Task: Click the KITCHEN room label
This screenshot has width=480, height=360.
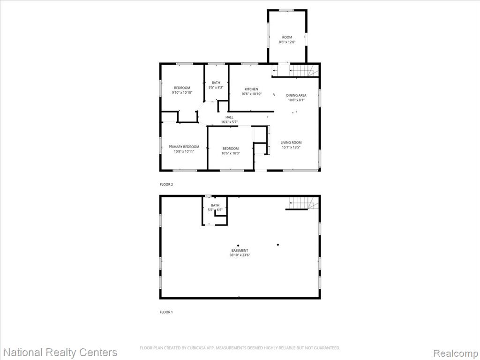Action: (x=251, y=89)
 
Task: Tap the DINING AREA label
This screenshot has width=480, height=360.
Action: (x=296, y=95)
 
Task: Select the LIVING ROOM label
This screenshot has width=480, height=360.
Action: (x=291, y=142)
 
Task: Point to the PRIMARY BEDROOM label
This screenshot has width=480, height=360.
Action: (x=184, y=147)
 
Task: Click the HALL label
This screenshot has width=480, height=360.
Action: (x=229, y=117)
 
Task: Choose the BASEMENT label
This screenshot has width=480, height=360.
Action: (x=240, y=250)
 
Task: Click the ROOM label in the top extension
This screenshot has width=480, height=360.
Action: (x=287, y=37)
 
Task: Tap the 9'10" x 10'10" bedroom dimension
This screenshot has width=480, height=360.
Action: (x=182, y=92)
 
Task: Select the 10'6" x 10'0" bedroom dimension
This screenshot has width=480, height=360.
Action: (x=231, y=153)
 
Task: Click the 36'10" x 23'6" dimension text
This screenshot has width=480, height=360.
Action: (x=240, y=255)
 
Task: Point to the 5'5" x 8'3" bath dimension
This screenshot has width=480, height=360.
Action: (x=216, y=87)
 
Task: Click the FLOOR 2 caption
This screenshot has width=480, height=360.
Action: (x=166, y=185)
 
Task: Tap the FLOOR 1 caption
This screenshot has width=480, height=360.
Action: (x=166, y=312)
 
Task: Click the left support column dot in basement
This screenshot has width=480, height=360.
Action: (x=238, y=246)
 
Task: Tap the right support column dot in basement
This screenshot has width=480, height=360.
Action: (x=278, y=245)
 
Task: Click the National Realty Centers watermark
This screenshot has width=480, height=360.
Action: (x=60, y=352)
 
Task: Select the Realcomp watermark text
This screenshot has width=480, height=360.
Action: (x=455, y=353)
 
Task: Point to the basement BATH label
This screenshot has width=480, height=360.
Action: (x=215, y=205)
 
